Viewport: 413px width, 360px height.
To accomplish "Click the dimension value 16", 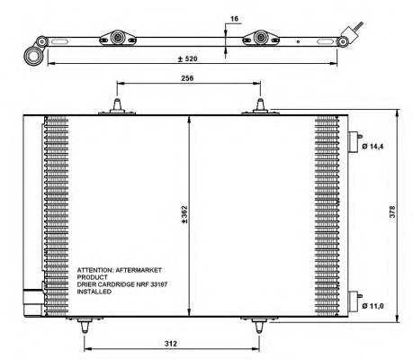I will [235, 16].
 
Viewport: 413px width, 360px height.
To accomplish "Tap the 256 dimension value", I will [187, 77].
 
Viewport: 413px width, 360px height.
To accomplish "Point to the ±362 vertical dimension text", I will [183, 214].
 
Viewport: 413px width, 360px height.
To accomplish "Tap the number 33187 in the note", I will [152, 284].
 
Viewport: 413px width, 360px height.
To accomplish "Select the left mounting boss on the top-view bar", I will [117, 39].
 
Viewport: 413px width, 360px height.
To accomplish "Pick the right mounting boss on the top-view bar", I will [262, 39].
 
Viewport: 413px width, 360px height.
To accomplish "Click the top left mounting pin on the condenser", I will [117, 107].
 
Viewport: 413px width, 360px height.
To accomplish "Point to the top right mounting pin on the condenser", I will [261, 107].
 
